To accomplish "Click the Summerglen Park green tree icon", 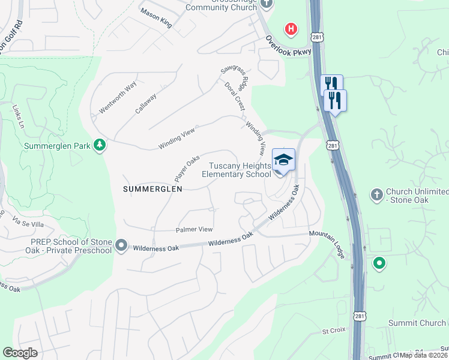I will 100,145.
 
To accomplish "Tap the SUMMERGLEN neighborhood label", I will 152,188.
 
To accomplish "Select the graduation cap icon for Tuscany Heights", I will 283,160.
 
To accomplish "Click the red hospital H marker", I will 291,28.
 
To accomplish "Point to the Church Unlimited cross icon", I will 376,194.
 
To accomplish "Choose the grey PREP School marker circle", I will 121,245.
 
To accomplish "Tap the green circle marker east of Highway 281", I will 379,263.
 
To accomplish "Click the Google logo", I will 19,353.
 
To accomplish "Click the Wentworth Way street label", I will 118,100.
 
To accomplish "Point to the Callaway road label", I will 146,103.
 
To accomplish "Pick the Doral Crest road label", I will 235,97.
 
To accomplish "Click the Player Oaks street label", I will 187,169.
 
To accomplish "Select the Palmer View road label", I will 194,229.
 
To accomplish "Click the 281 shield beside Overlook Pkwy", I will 316,37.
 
